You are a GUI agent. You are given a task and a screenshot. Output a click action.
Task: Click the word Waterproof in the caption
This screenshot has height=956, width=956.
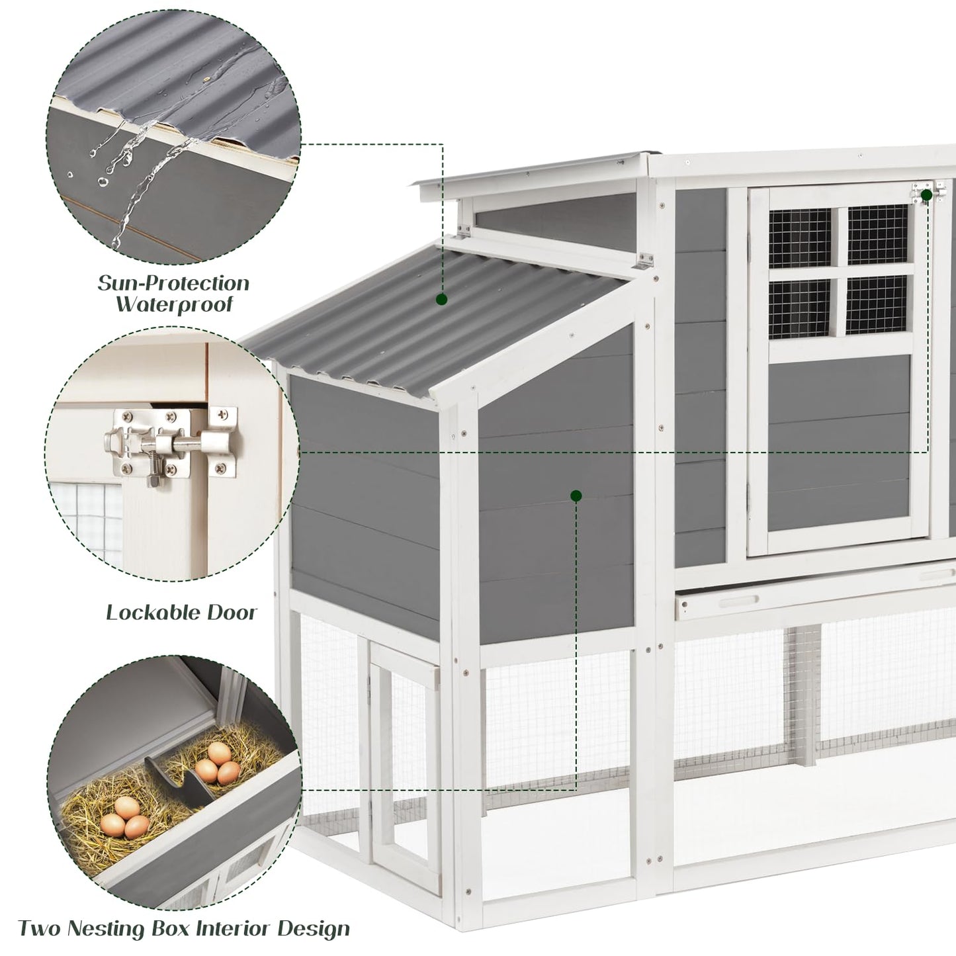coord(174,305)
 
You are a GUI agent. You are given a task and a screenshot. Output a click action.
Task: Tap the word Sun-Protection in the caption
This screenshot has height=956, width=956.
coord(173,283)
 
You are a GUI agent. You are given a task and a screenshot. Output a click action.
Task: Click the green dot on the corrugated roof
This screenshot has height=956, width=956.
coord(441,300)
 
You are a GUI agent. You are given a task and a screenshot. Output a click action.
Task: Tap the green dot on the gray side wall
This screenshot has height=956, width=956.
coord(576,495)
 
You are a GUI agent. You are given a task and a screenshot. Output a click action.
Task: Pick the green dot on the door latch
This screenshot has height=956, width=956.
coord(926,195)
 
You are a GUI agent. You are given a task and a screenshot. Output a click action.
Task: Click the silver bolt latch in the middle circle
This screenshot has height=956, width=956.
coord(169,442)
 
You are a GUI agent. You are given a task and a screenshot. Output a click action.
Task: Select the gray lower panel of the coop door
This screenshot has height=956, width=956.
coord(839,443)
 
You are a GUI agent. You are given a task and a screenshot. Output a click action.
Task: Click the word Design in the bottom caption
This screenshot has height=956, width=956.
coord(314,929)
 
